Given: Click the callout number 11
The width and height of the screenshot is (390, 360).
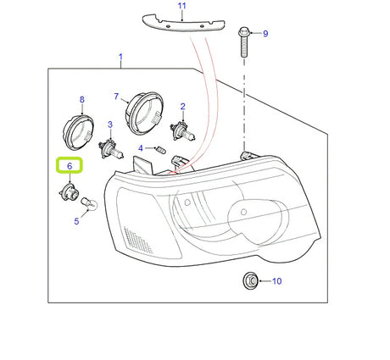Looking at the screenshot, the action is (182, 6).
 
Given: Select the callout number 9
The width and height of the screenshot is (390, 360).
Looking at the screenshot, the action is (265, 34).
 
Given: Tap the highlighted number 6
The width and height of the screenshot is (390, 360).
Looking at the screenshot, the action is (70, 166).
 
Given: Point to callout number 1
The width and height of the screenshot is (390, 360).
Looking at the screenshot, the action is (120, 57).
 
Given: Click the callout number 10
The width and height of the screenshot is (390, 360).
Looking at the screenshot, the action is (277, 281).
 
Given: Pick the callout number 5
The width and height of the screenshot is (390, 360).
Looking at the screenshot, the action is (76, 221).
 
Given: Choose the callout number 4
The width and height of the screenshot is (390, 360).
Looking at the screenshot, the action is (141, 148).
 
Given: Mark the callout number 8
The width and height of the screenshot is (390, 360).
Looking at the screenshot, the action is (82, 99).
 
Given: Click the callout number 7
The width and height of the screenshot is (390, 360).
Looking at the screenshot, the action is (116, 97).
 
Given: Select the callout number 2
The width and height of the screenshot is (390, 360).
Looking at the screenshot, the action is (183, 107).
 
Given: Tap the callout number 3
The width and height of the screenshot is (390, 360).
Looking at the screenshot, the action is (110, 125).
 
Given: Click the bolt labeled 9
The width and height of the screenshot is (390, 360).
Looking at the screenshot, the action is (244, 42).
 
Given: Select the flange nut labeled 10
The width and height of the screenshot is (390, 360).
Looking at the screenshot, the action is (250, 281).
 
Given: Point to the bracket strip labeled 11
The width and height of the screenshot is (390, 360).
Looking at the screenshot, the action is (183, 23).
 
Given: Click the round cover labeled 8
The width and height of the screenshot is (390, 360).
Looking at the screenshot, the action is (78, 131).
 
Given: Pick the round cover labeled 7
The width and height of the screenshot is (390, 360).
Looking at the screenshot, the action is (144, 114).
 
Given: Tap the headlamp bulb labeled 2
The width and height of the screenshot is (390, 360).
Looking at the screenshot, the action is (182, 131).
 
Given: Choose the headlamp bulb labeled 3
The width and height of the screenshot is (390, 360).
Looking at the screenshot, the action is (111, 150).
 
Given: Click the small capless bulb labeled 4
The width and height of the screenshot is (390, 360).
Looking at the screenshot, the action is (159, 148).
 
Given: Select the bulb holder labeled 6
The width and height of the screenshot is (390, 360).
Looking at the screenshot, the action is (69, 191).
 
